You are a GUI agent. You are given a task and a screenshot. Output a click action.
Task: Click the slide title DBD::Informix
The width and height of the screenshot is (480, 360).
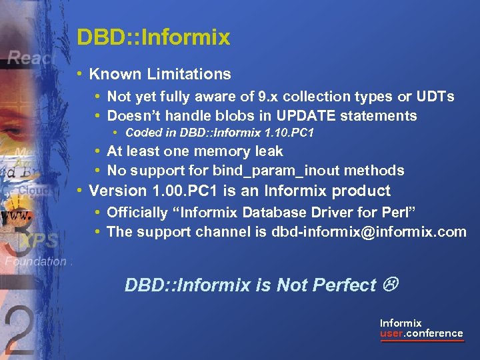click(153, 37)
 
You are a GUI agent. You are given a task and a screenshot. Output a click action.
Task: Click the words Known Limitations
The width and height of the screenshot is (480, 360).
click(160, 74)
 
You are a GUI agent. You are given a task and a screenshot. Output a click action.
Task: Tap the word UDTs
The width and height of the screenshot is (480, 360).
click(437, 97)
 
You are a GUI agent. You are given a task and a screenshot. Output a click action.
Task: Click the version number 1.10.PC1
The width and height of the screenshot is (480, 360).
click(285, 133)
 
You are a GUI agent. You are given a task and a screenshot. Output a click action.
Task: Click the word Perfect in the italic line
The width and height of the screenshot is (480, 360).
click(345, 285)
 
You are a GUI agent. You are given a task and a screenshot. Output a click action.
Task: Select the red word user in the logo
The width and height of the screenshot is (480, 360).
click(391, 333)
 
